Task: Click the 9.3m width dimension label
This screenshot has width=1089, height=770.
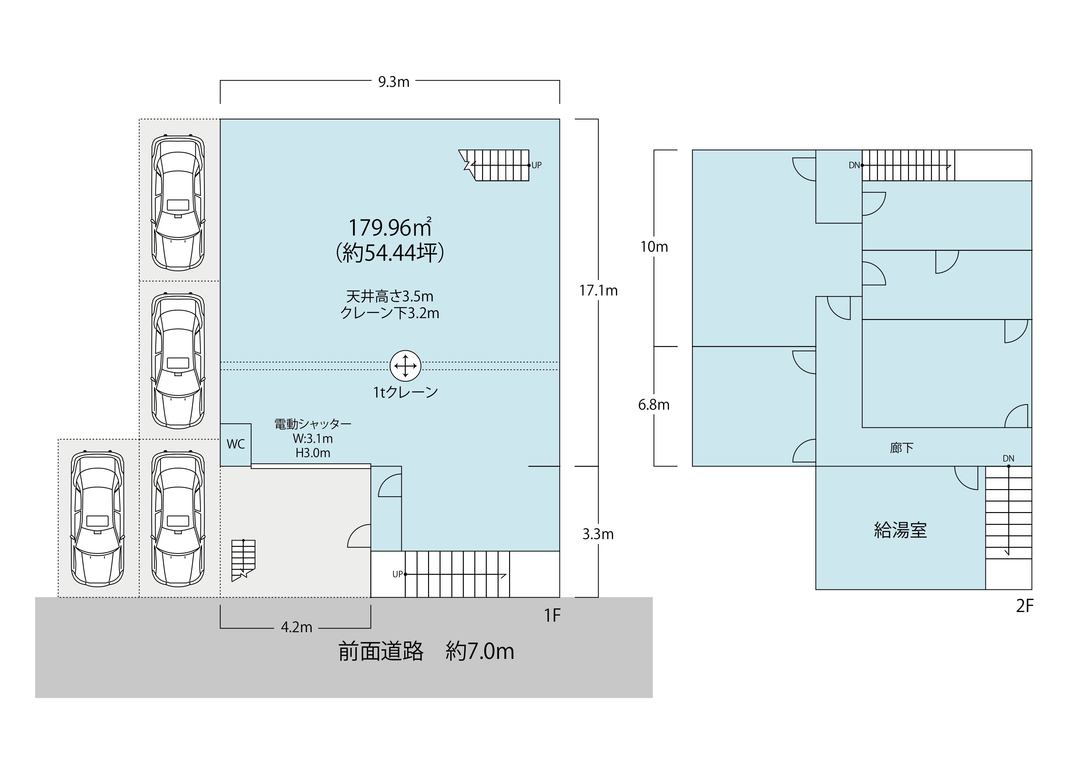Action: click(x=393, y=82)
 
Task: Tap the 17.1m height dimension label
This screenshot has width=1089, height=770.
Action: click(x=598, y=290)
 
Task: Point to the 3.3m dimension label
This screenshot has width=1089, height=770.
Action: click(x=598, y=534)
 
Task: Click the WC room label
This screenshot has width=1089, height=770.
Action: click(x=236, y=444)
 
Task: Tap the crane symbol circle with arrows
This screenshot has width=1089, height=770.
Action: click(x=405, y=366)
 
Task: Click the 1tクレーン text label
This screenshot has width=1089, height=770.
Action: click(x=405, y=393)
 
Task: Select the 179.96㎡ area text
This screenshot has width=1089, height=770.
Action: click(x=390, y=227)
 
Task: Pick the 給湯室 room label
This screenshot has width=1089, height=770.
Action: click(x=900, y=530)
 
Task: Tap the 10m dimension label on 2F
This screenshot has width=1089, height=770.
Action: click(x=654, y=246)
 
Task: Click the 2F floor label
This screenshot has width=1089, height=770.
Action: click(x=1024, y=606)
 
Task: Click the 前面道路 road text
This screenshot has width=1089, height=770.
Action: click(x=381, y=651)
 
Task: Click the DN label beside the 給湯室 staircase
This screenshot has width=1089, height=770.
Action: click(x=1008, y=458)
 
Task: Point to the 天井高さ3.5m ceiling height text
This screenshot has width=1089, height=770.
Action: click(x=390, y=297)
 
